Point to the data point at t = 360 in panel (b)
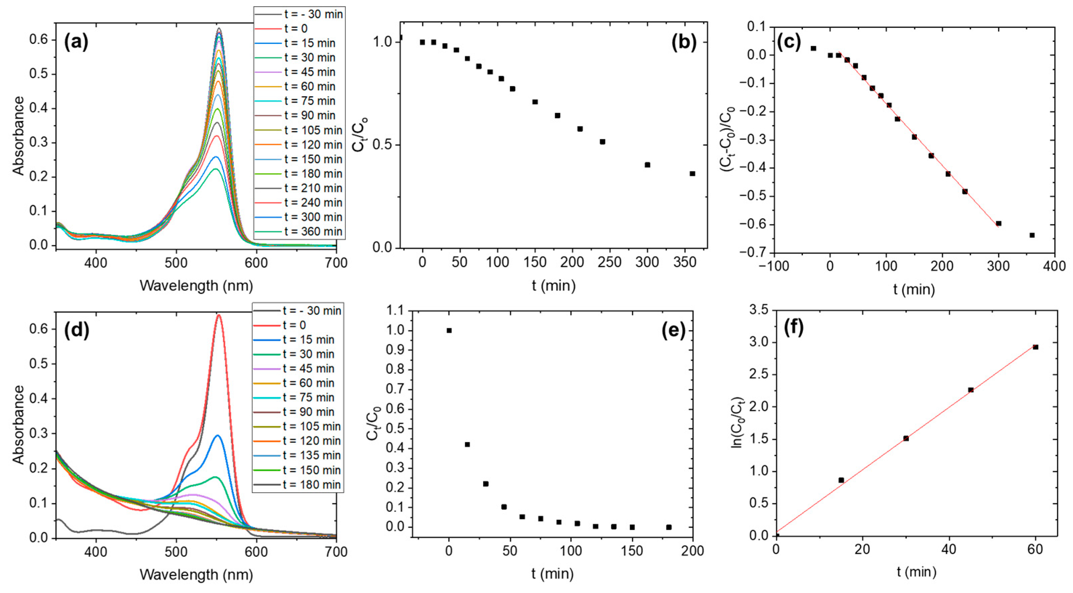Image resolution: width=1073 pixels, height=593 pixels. tap(692, 174)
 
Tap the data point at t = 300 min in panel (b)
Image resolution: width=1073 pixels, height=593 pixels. tap(647, 165)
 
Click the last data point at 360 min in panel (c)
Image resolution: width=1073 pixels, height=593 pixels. tap(1032, 235)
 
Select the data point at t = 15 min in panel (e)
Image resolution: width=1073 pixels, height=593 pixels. tap(467, 444)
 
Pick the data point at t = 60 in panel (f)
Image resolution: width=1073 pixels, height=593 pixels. tap(1035, 347)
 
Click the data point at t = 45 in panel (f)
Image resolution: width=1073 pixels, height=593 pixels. tap(970, 390)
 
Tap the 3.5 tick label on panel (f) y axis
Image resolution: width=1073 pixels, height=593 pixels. tap(758, 310)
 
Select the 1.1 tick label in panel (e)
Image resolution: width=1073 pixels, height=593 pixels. tap(396, 311)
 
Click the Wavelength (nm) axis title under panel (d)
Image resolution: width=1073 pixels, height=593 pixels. tap(196, 575)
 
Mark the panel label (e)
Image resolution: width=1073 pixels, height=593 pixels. tap(674, 330)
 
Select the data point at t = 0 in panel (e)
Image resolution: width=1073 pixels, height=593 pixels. tap(449, 331)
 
